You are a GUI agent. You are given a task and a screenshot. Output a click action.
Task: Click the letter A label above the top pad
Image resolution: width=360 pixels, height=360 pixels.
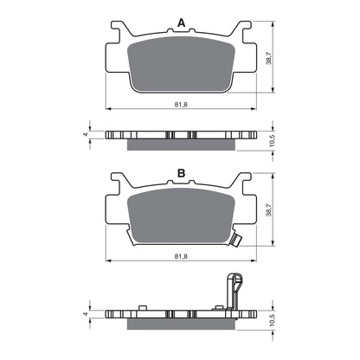tap(180, 22)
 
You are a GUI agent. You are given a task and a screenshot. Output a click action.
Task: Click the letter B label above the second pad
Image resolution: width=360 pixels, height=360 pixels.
tap(180, 174)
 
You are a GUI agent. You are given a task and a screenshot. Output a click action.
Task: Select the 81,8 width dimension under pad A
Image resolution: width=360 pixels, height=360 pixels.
tap(181, 104)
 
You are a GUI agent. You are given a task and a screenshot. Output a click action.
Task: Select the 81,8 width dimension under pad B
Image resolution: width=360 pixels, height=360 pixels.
tap(181, 255)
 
